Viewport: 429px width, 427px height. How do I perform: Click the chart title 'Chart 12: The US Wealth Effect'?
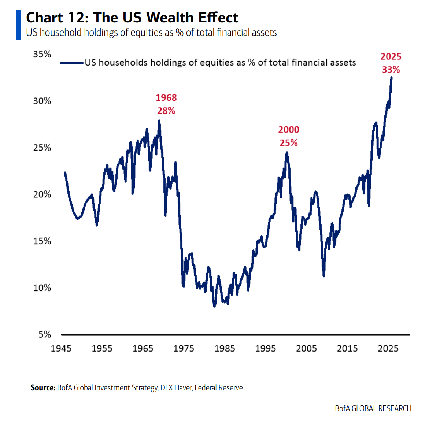tap(132, 18)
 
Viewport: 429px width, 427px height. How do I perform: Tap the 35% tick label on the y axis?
tap(42, 54)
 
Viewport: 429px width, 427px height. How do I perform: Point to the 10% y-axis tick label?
tap(42, 288)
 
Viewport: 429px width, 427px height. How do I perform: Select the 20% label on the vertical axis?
tap(42, 194)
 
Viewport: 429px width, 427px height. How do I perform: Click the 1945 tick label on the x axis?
tap(61, 348)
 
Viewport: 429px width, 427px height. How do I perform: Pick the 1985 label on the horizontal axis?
tap(225, 348)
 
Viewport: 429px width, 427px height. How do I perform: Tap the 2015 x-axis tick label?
tap(347, 348)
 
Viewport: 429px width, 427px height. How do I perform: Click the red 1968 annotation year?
tap(166, 98)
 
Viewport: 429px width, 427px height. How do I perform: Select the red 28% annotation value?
tap(166, 111)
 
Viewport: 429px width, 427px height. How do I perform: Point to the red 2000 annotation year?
tap(289, 130)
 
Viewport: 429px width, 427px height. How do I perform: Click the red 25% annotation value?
tap(289, 143)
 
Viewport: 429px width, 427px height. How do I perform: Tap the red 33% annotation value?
tap(391, 70)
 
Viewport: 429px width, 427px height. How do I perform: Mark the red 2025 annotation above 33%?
tap(391, 57)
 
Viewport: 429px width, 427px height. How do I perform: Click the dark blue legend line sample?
tap(72, 63)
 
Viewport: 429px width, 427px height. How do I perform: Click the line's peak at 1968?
tap(159, 120)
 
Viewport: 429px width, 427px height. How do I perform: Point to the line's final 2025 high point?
tap(391, 77)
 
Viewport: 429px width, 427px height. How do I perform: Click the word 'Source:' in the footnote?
tap(43, 388)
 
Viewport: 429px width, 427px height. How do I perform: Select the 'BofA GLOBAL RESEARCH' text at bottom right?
tap(373, 409)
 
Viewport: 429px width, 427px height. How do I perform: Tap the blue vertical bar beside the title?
tap(18, 25)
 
